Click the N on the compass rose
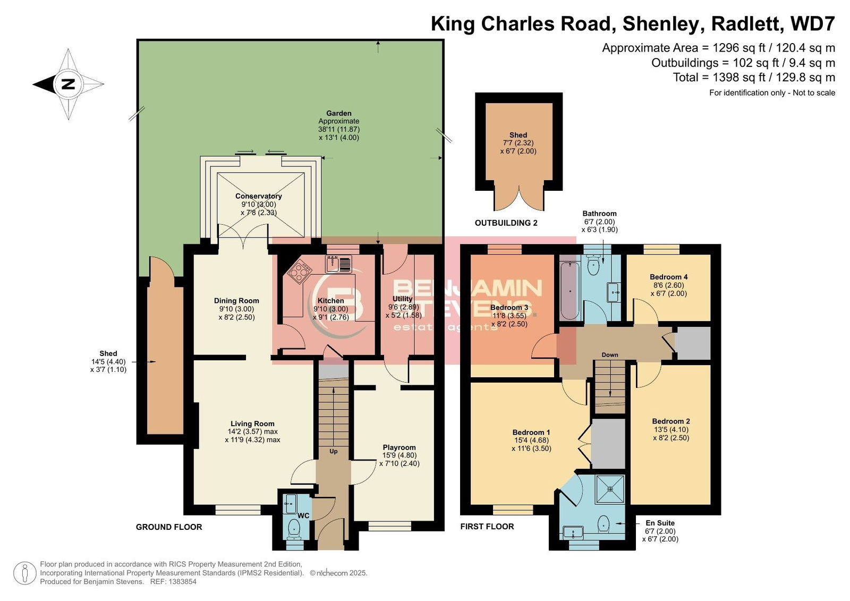[x=68, y=84]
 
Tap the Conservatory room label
[x=258, y=196]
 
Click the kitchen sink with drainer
[x=338, y=264]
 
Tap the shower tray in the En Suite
[x=610, y=489]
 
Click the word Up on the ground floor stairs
[x=333, y=451]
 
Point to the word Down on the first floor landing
[x=610, y=355]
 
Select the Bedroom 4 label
[x=669, y=277]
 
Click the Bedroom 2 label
[x=671, y=421]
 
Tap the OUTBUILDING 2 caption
[x=506, y=223]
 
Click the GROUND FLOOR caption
[x=169, y=527]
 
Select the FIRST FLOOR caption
[x=487, y=527]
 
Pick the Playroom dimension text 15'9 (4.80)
[x=399, y=455]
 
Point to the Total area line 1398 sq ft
[x=754, y=78]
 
